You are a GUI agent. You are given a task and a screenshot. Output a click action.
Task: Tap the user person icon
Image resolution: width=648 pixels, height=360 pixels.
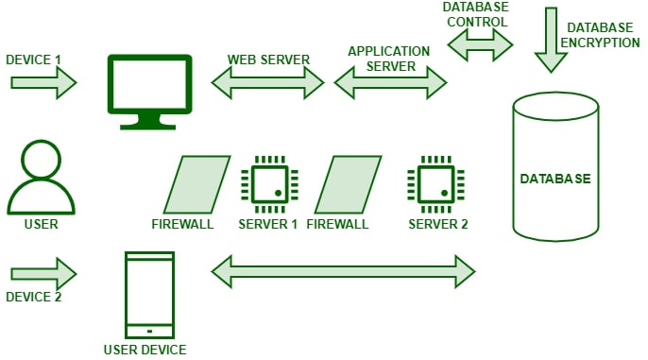41,180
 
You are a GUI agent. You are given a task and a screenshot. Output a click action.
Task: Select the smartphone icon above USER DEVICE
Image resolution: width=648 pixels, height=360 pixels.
149,295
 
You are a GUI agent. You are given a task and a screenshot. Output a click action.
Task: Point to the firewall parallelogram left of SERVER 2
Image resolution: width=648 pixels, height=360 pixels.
348,184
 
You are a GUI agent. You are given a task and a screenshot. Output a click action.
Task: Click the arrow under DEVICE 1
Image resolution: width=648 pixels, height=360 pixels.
43,82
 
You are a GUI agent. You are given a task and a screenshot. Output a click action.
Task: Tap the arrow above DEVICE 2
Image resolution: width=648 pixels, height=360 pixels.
43,275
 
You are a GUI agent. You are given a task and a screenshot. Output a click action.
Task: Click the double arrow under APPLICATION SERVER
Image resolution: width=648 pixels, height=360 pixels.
390,83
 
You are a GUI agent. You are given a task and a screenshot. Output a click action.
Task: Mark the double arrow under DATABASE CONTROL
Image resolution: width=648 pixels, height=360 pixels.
481,43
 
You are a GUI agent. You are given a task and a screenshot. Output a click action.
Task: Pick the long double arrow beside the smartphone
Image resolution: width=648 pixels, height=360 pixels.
343,270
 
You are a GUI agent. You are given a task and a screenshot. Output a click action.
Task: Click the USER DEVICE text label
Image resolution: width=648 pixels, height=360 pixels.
145,350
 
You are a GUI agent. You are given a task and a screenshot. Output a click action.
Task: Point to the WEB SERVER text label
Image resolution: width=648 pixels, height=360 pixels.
268,60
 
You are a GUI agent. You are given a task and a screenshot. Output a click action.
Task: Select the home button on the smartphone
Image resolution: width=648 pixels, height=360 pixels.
149,331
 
